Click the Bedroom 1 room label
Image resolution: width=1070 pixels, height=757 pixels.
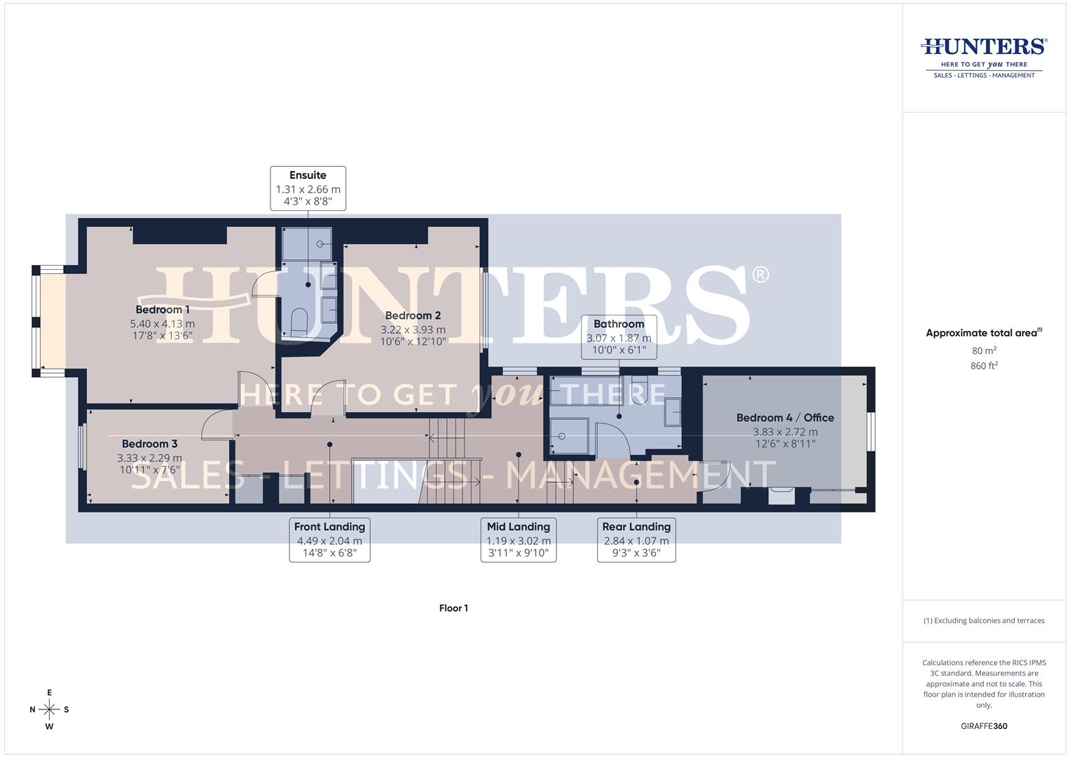coord(163,310)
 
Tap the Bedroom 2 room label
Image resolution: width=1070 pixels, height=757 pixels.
coord(413,316)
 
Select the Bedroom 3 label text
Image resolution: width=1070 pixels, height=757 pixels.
coord(149,444)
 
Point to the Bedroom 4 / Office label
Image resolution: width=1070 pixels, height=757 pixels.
coord(785,418)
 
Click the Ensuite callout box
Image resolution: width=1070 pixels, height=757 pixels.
coord(308,189)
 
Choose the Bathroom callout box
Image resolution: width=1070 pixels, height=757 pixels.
coord(619,336)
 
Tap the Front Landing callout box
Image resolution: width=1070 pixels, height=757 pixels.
coord(329,540)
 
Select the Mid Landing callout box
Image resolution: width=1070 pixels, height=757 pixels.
coord(519,540)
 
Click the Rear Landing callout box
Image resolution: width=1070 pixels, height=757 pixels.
coord(636,540)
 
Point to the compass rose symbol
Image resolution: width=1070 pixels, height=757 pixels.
coord(49,709)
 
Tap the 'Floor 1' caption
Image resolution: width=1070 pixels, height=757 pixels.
coord(453,608)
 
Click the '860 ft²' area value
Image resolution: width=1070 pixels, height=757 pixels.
coord(984,366)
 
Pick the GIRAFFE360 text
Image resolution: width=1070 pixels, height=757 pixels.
coord(984,726)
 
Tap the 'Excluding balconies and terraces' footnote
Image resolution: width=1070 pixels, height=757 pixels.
coord(984,621)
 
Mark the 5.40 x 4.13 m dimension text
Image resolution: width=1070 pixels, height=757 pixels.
coord(163,324)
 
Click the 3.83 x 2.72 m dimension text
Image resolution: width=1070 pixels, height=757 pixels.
coord(785,432)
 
